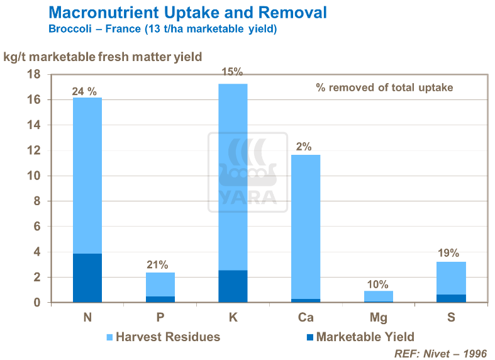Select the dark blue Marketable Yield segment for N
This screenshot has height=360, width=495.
pyautogui.click(x=87, y=278)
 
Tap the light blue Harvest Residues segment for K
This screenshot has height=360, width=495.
pyautogui.click(x=233, y=176)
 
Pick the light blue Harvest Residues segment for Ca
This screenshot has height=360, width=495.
pyautogui.click(x=306, y=227)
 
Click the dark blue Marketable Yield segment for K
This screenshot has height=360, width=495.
pyautogui.click(x=233, y=286)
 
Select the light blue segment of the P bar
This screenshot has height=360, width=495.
pyautogui.click(x=160, y=284)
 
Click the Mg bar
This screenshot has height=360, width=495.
pyautogui.click(x=378, y=296)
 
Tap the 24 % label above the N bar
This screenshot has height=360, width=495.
pyautogui.click(x=84, y=91)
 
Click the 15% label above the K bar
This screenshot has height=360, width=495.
pyautogui.click(x=232, y=72)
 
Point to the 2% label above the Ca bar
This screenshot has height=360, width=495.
pyautogui.click(x=304, y=147)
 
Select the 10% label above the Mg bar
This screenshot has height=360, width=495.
pyautogui.click(x=378, y=284)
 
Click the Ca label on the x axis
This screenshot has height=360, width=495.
pyautogui.click(x=306, y=318)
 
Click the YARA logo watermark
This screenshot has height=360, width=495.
pyautogui.click(x=247, y=172)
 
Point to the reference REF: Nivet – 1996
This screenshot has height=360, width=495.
pyautogui.click(x=440, y=353)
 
